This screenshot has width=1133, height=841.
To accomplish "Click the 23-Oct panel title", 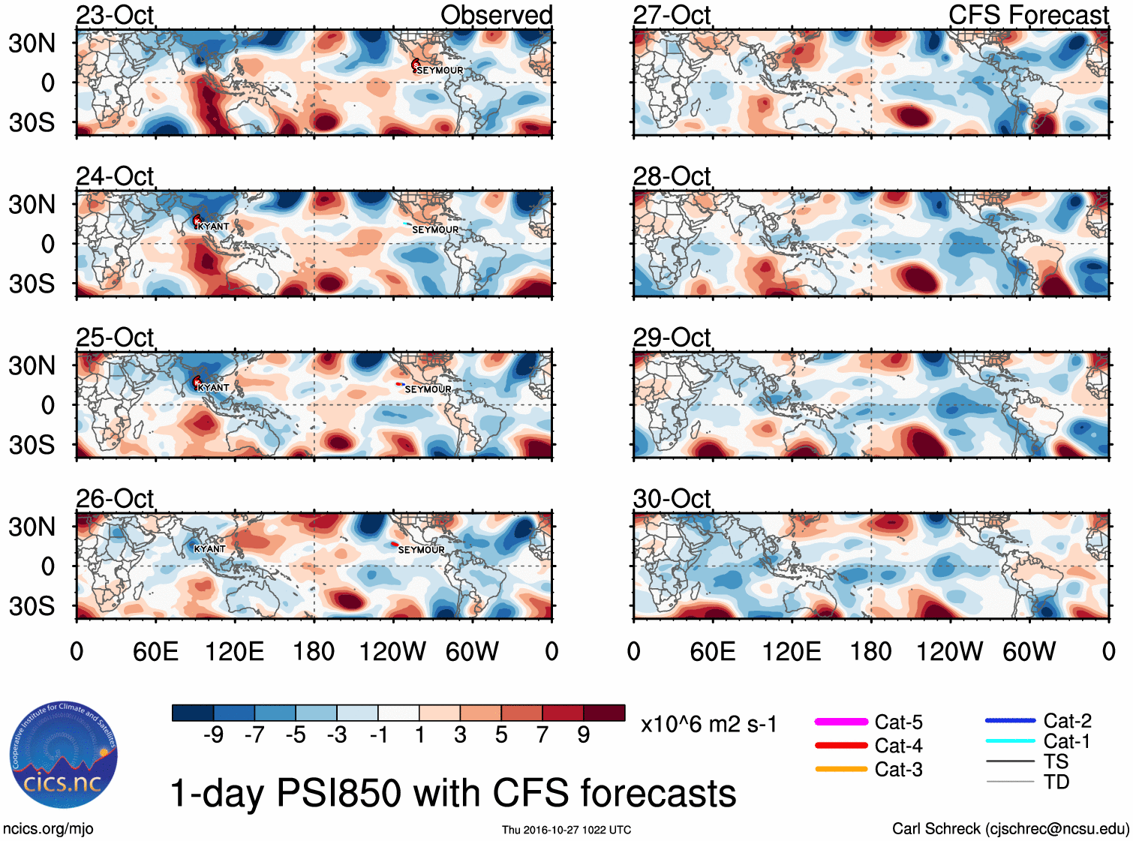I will (115, 15).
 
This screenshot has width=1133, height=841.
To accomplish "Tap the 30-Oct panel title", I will (672, 499).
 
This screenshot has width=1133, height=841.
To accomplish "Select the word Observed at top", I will (496, 15).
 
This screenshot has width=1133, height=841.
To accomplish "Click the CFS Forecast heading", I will (1028, 15).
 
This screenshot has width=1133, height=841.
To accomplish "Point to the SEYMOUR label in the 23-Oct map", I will (440, 71).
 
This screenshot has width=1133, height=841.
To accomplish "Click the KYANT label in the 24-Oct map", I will (213, 227).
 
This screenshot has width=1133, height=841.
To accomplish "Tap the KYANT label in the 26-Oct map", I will (209, 549).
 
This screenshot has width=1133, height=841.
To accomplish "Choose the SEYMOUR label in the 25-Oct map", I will (428, 389).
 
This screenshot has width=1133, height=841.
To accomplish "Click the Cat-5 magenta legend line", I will (841, 722).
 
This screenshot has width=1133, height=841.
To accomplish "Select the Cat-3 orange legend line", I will (841, 769).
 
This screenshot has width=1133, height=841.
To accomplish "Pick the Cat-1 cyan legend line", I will (1010, 741).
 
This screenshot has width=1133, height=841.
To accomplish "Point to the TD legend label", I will (1056, 782).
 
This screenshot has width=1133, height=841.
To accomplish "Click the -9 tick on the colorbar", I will (213, 735).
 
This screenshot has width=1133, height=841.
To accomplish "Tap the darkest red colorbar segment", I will (604, 713).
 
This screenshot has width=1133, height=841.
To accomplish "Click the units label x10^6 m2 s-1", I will (708, 725).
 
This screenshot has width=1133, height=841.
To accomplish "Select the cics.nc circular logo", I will (64, 755).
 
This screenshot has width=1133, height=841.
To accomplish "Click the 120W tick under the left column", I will (392, 651).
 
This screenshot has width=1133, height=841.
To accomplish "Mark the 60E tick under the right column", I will (713, 651).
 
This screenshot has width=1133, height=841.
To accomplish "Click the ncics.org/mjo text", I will (48, 829).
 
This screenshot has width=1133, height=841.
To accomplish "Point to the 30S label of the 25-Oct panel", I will (32, 445).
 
